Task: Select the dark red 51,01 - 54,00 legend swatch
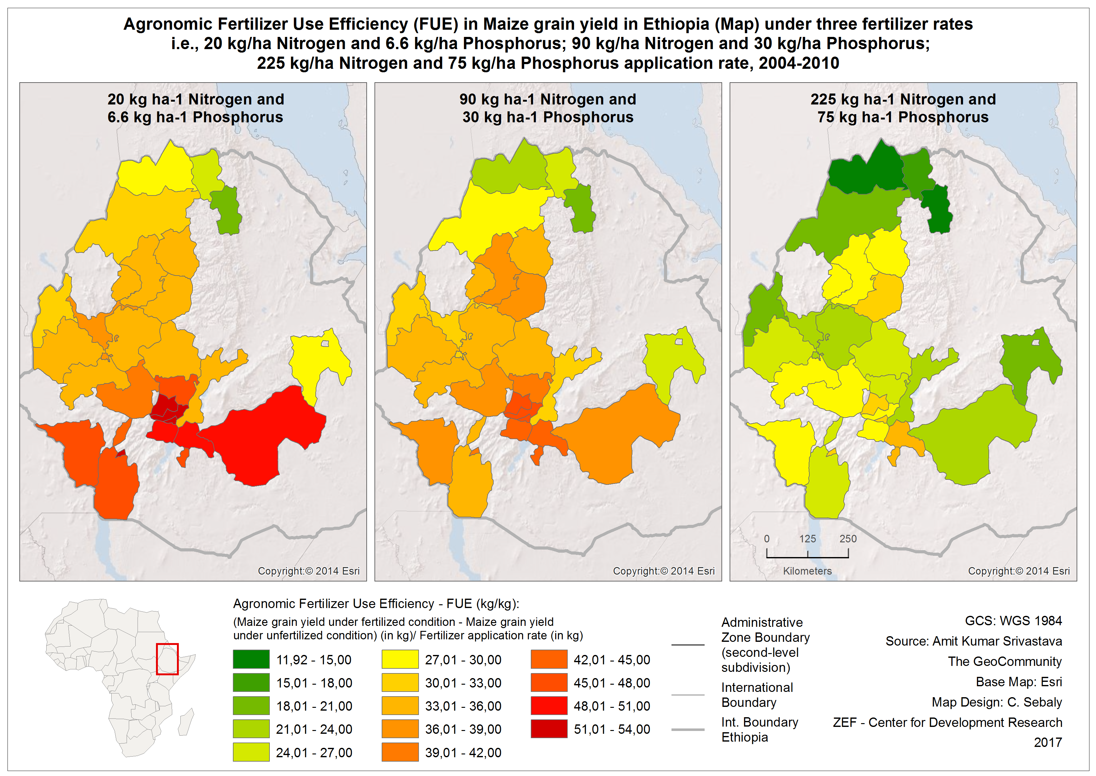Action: point(549,729)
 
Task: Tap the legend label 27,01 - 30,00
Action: point(463,660)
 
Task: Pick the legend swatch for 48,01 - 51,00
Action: point(549,706)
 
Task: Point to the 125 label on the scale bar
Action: point(807,539)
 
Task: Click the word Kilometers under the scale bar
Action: point(807,571)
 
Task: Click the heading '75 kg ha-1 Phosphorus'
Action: point(903,117)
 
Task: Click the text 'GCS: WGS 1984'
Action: point(1013,621)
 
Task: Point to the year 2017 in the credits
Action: point(1048,743)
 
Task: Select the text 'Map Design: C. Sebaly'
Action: point(997,702)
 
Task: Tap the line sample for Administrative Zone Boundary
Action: point(688,645)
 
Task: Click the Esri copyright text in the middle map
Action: point(664,571)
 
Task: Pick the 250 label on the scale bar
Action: point(848,539)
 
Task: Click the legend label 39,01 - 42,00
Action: point(463,753)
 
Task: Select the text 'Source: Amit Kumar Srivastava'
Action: point(974,641)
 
